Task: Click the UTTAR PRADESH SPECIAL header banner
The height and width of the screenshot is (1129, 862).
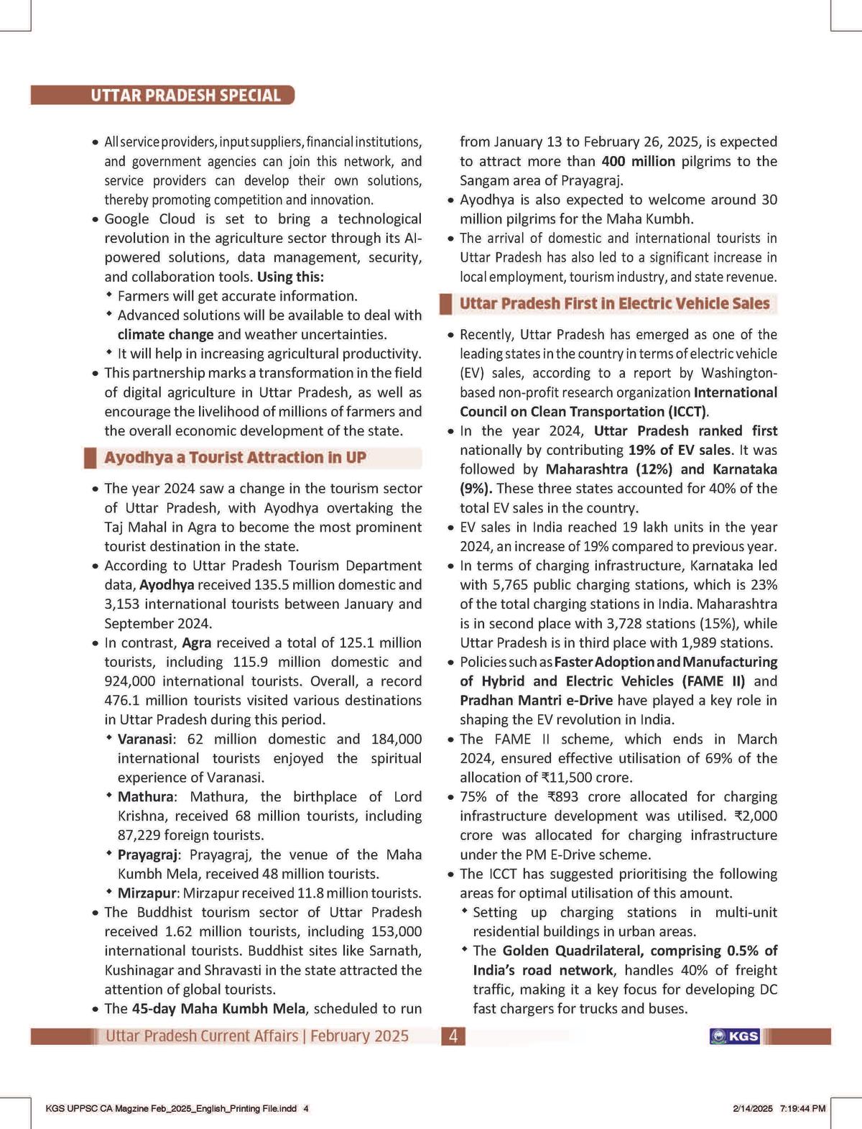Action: [185, 96]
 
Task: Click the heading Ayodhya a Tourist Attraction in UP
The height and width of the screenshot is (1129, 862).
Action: [235, 458]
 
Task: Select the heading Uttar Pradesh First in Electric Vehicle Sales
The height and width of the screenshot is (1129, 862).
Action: [614, 303]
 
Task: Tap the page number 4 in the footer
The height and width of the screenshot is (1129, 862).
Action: [453, 1036]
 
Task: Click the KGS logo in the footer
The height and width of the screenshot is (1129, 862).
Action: [734, 1036]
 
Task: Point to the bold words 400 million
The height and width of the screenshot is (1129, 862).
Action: [638, 162]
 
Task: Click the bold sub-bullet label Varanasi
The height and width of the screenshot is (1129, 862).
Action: [145, 739]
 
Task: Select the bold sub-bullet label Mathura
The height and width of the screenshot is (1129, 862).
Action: [146, 797]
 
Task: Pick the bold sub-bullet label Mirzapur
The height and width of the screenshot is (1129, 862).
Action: [148, 893]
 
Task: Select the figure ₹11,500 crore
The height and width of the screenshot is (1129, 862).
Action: [586, 778]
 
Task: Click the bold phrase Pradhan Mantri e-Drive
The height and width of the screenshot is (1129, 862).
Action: [537, 701]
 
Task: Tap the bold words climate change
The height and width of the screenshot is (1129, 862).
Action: [165, 335]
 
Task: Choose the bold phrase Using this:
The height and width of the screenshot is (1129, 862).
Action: [290, 277]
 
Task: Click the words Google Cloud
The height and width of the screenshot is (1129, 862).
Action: [149, 219]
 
